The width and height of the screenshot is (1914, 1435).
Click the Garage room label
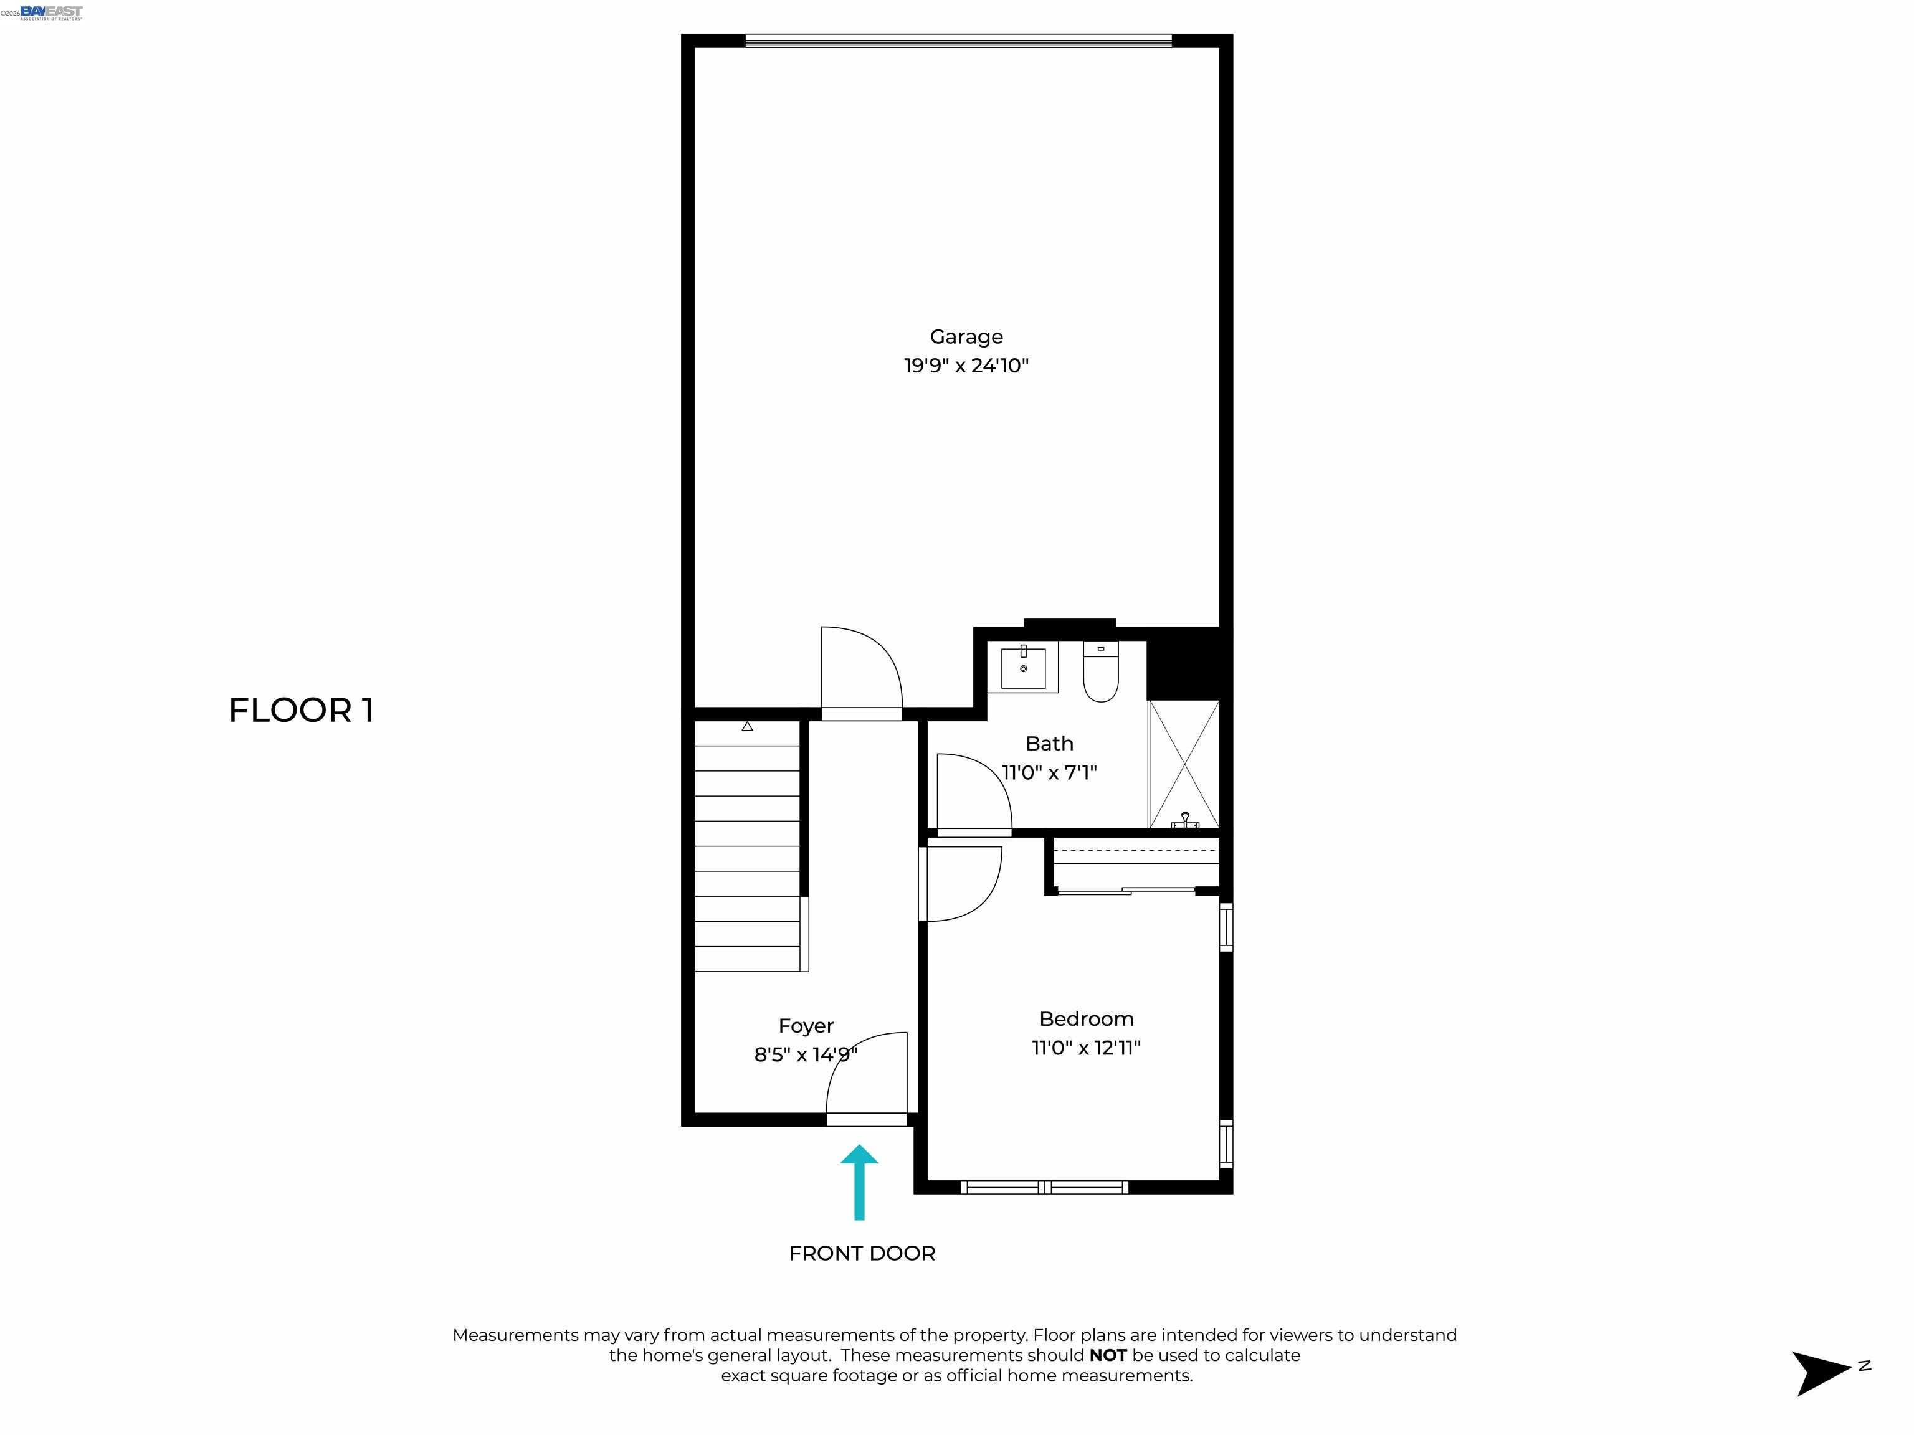966,336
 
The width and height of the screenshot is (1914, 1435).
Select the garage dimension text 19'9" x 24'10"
966,365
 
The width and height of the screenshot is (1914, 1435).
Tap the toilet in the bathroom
1101,673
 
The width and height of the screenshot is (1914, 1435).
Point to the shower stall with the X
1183,765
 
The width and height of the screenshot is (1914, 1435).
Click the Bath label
1049,743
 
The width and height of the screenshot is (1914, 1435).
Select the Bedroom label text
1086,1018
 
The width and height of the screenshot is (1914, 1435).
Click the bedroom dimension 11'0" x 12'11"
1086,1048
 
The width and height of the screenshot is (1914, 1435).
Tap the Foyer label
806,1025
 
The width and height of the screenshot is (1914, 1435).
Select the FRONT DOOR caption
862,1253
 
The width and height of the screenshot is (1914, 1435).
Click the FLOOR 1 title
300,710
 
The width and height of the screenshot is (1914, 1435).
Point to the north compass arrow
1824,1372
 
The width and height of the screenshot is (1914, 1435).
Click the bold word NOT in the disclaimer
1108,1355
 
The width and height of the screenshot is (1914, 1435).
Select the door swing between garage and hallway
860,673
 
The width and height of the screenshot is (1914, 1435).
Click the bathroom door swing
973,792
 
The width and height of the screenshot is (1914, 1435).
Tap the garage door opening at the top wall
958,40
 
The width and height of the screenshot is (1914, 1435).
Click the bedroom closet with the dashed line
1135,863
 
